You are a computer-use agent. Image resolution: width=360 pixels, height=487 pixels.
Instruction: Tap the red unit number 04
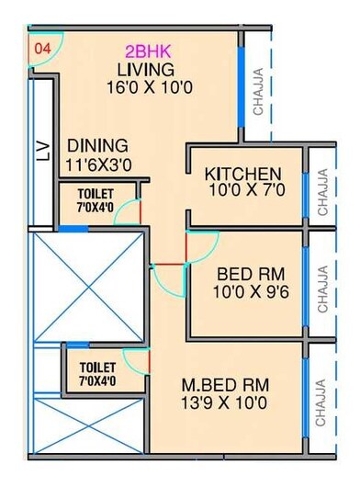[41, 45]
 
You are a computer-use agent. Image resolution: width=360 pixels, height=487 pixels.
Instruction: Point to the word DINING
[96, 146]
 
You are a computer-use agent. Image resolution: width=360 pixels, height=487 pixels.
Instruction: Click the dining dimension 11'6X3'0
[97, 165]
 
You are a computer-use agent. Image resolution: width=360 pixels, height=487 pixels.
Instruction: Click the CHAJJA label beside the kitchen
[322, 192]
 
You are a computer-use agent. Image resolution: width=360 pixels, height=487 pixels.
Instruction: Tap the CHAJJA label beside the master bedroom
[321, 404]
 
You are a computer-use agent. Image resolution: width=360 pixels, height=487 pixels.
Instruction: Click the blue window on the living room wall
[242, 88]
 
